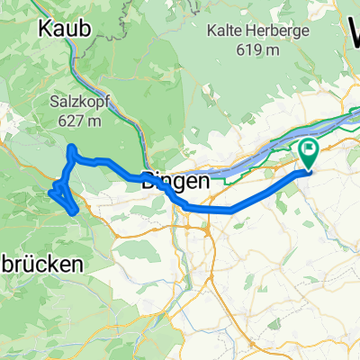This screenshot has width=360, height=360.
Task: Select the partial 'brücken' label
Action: click(x=40, y=264)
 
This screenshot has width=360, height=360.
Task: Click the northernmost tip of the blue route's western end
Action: click(x=71, y=147)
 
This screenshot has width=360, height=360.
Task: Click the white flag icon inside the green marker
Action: click(x=309, y=148)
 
